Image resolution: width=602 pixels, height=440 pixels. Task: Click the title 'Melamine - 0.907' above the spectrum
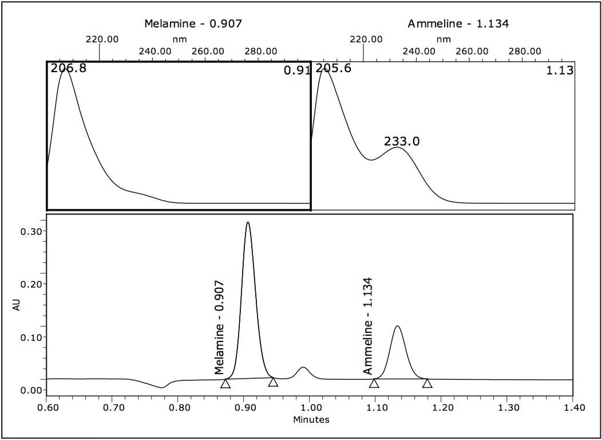click(x=193, y=23)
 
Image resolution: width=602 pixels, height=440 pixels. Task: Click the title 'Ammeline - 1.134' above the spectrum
click(x=458, y=23)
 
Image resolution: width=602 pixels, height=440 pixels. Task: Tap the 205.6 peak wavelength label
click(x=333, y=69)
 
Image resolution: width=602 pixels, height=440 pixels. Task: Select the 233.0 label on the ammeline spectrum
click(x=402, y=141)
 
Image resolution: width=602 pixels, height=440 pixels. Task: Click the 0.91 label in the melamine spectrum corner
click(x=296, y=71)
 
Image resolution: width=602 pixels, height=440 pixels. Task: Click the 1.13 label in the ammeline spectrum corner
click(x=560, y=70)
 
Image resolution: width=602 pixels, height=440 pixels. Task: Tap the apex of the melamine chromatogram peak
click(x=247, y=222)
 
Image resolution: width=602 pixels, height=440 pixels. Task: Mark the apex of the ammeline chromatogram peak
click(x=397, y=327)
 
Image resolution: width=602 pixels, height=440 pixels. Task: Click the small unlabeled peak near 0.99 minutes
click(x=303, y=368)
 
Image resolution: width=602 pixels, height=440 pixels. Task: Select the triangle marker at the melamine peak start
click(x=225, y=383)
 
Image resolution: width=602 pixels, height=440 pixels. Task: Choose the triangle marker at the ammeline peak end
click(x=427, y=383)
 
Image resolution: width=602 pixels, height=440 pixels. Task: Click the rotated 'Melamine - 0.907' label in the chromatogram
click(x=220, y=327)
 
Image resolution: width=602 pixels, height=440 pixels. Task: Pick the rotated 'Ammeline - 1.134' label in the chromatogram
click(x=368, y=325)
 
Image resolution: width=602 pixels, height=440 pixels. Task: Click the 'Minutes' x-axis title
click(x=311, y=419)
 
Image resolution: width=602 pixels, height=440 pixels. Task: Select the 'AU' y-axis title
click(x=17, y=305)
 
